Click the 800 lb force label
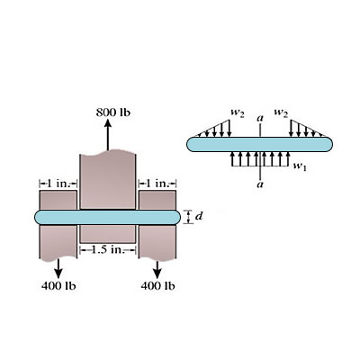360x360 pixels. (113, 112)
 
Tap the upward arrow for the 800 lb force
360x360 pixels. (108, 135)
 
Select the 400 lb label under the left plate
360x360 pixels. (58, 286)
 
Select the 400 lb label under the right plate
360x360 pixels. (157, 286)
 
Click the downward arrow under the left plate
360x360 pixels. (58, 268)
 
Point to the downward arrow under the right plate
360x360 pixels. (157, 268)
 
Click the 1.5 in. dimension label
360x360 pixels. (108, 249)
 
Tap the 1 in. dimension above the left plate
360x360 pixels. (58, 183)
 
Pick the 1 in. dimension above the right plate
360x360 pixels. (157, 183)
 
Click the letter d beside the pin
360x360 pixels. (198, 216)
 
